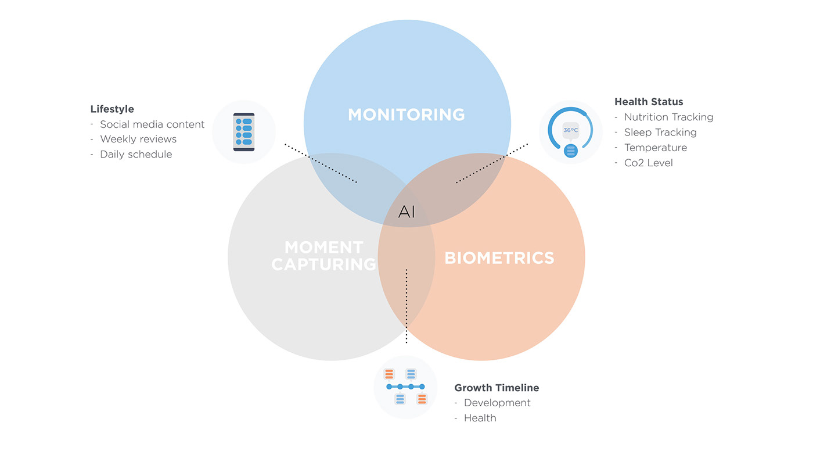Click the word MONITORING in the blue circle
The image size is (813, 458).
click(x=406, y=114)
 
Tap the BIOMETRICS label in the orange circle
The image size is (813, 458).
click(x=499, y=257)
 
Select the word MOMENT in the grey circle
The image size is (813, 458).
click(x=324, y=247)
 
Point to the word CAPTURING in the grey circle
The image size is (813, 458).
click(x=324, y=264)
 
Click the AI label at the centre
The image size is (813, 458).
click(x=406, y=212)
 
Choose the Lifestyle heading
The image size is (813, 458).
click(x=112, y=109)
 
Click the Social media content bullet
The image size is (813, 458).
click(x=152, y=124)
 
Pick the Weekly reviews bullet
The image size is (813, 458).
click(x=138, y=139)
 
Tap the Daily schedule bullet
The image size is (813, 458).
click(x=136, y=155)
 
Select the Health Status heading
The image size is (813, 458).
click(x=649, y=102)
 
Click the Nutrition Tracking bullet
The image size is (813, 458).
click(x=668, y=117)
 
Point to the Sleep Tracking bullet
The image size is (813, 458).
click(x=660, y=133)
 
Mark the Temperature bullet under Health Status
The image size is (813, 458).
click(x=656, y=148)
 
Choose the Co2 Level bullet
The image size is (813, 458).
click(x=648, y=163)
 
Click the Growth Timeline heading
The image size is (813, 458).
click(x=497, y=388)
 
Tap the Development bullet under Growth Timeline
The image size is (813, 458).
click(x=497, y=403)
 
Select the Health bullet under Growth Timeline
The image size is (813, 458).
click(x=480, y=418)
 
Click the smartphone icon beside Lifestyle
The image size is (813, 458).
click(x=244, y=132)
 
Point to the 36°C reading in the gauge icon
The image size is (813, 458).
click(x=570, y=130)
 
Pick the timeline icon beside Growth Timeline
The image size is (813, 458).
click(x=405, y=387)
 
